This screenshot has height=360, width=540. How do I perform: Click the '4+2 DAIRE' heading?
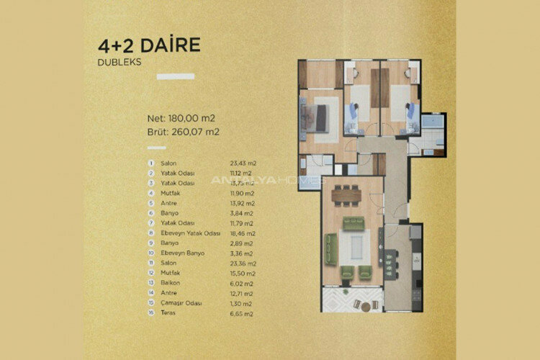[x=148, y=45]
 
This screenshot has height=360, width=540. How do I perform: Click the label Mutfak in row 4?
[x=169, y=194]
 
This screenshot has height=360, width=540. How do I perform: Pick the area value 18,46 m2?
[x=241, y=234]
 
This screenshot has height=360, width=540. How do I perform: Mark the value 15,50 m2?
[x=241, y=274]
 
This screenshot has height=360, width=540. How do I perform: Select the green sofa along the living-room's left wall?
[x=331, y=249]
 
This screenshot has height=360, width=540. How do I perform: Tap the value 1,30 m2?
[x=240, y=305]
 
